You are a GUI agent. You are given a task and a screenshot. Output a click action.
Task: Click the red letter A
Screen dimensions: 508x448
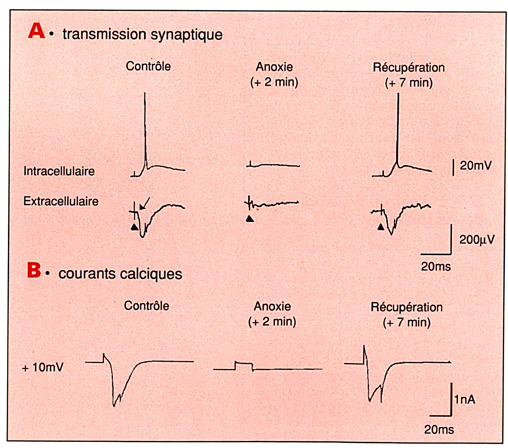tap(37, 31)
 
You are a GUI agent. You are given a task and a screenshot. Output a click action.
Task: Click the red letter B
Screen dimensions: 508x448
tap(34, 270)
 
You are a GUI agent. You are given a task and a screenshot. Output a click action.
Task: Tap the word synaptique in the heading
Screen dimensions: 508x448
tap(186, 35)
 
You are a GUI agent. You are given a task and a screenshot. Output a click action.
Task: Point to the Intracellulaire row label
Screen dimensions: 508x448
tap(59, 171)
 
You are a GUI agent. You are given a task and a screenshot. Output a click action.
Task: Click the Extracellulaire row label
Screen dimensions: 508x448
tap(61, 201)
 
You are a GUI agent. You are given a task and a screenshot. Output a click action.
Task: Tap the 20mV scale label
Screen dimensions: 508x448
tap(475, 165)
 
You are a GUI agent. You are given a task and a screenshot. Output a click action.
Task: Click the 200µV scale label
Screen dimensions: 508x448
tap(477, 240)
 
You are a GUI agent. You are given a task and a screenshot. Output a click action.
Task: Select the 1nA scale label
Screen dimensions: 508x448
tap(465, 399)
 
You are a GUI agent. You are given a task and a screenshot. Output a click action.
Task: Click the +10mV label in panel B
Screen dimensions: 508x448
tap(43, 367)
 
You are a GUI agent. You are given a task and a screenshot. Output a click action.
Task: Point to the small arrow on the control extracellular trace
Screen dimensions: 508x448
tap(145, 203)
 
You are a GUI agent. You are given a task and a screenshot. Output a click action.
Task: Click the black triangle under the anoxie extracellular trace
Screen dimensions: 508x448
tap(250, 219)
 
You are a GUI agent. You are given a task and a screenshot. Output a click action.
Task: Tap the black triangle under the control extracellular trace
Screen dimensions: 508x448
tap(135, 227)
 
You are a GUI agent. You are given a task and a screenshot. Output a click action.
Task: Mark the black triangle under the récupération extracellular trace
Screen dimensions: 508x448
tap(381, 227)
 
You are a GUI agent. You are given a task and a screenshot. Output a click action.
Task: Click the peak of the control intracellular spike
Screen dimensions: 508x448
tap(145, 93)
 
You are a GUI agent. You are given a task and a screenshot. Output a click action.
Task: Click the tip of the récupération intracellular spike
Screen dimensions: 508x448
tap(398, 94)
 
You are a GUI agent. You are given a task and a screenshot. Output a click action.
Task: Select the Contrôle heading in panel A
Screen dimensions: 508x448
tap(148, 66)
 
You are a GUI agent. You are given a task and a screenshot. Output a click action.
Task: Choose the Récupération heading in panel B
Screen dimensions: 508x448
tap(407, 307)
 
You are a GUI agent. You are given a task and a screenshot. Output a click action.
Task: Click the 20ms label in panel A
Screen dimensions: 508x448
tap(436, 266)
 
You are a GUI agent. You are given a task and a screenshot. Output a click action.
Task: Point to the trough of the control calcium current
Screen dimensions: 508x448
tap(114, 406)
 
